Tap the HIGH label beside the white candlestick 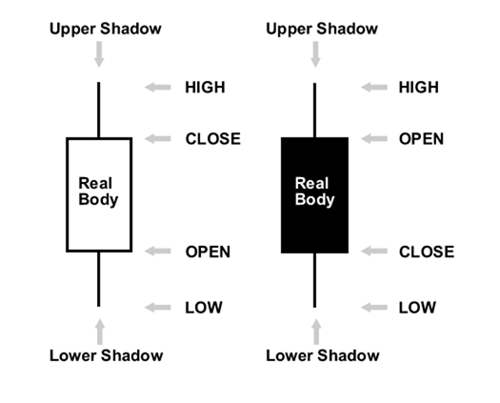coord(205,88)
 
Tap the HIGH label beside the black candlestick coord(419,88)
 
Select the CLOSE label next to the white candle coord(212,139)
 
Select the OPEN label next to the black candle coord(421,139)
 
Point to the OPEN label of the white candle coord(208,252)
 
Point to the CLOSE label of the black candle coord(427,252)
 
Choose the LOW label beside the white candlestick coord(203,308)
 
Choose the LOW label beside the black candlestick coord(417,308)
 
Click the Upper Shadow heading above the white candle coord(106,29)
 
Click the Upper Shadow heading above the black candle coord(322,29)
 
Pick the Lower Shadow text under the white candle coord(106,356)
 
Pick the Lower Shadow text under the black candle coord(322,356)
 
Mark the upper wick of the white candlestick coord(99,110)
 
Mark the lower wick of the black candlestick coord(314,280)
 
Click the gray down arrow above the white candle coord(99,56)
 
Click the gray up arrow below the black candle coord(315,331)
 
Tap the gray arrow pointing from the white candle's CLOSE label coord(158,139)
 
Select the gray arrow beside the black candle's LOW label coord(374,308)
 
